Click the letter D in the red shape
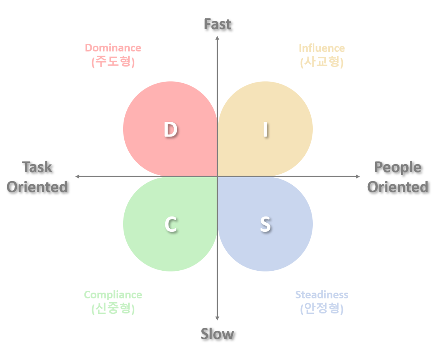pos(170,130)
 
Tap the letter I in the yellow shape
pos(265,130)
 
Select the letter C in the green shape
pos(170,225)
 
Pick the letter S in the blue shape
pos(265,225)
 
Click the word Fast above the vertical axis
pos(218,24)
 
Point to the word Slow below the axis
pos(218,334)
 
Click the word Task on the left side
pos(37,167)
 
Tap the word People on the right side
pos(398,167)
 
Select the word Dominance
pos(113,48)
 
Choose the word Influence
pos(322,48)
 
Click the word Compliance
pos(113,295)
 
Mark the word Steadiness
pos(321,295)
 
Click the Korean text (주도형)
pos(113,62)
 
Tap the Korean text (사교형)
pos(322,62)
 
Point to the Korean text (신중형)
pos(113,309)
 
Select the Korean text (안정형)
pos(321,309)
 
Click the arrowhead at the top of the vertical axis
pos(218,38)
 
